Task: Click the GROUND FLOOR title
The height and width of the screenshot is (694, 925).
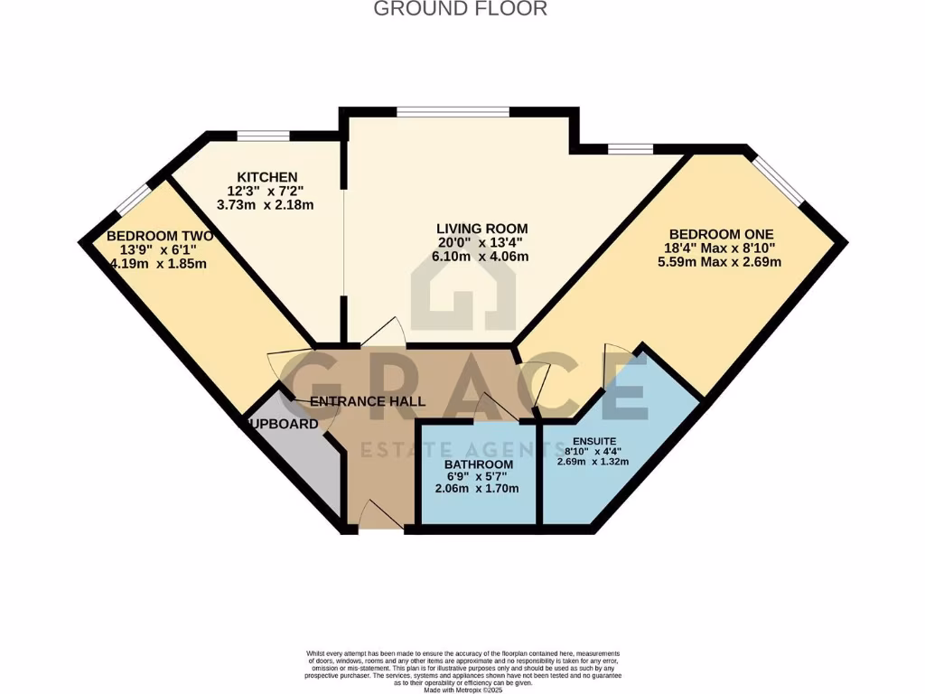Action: (461, 9)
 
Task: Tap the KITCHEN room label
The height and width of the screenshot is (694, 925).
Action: (266, 176)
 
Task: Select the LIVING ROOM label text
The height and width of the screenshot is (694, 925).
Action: (482, 228)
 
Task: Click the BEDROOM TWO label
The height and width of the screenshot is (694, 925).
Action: (160, 235)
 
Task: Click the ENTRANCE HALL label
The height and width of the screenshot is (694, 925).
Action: (368, 401)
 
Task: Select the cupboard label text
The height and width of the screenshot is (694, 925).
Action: (281, 423)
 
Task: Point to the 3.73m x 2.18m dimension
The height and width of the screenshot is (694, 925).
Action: (266, 205)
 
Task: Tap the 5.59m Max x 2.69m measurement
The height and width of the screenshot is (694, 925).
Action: (719, 262)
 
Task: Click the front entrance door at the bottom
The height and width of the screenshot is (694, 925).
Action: (380, 517)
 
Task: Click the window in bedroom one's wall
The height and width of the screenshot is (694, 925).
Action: (778, 179)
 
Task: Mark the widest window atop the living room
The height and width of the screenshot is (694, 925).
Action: (452, 111)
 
